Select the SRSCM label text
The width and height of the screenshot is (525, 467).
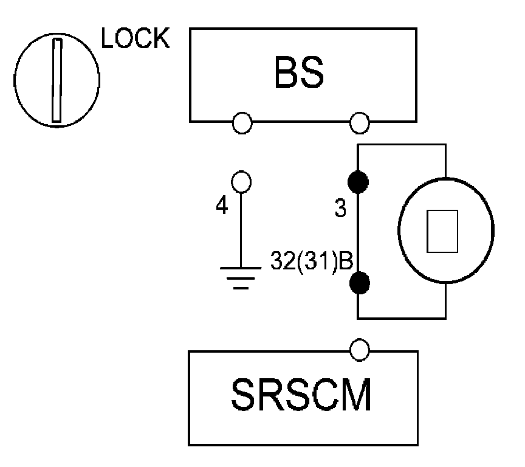301,397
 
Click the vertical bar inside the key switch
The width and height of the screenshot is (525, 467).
57,80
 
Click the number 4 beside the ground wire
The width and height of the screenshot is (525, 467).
222,207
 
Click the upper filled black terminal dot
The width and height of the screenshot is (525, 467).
358,182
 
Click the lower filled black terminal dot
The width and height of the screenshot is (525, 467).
359,282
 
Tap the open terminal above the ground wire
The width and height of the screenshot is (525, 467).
242,181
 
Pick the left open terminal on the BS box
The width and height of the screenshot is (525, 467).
242,123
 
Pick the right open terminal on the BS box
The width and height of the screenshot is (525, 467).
360,123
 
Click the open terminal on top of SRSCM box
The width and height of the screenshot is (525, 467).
360,348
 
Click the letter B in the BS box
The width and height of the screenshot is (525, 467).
284,72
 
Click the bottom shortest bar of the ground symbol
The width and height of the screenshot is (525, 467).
241,286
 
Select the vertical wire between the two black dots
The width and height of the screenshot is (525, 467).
358,232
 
